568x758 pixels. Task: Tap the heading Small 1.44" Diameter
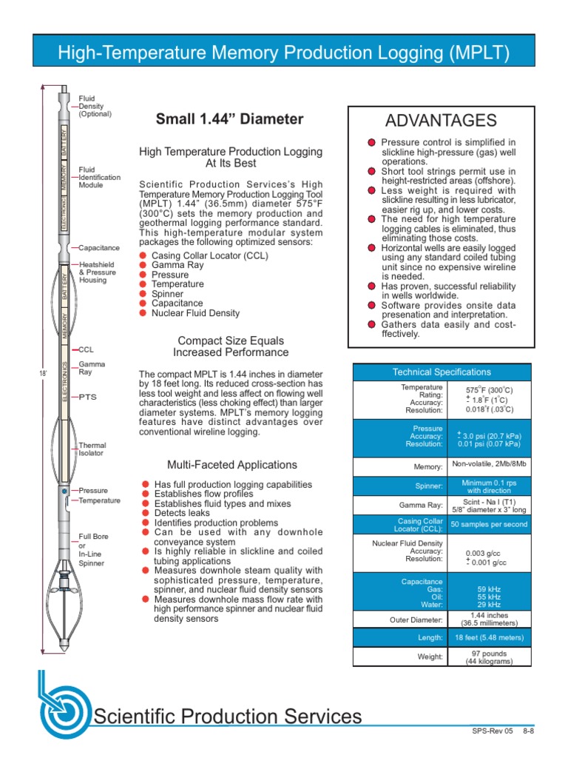[x=229, y=118]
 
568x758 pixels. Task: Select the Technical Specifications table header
[x=441, y=372]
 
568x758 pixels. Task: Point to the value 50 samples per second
[x=489, y=524]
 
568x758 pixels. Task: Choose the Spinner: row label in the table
[x=428, y=486]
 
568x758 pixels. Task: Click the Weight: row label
[x=429, y=657]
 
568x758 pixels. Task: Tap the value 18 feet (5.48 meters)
[x=489, y=637]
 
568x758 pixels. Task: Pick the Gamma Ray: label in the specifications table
[x=424, y=505]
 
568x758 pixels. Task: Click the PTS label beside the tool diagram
[x=87, y=398]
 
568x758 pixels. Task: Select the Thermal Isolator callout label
[x=92, y=449]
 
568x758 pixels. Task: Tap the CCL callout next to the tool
[x=86, y=349]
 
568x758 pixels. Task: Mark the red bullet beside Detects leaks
[x=146, y=512]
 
